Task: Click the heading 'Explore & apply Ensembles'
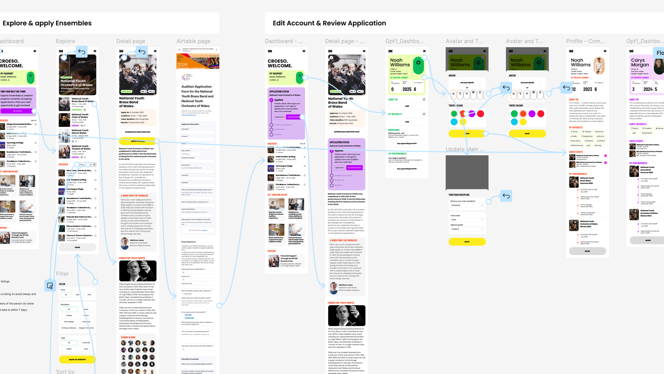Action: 47,23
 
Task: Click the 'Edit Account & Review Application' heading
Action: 329,23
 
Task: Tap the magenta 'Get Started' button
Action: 18,111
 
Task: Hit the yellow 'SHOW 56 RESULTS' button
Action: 77,359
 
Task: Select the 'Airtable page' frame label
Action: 193,41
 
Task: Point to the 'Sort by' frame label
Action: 65,371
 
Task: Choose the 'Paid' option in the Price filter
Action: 77,294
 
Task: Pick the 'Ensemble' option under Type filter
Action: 86,343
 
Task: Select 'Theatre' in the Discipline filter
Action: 69,315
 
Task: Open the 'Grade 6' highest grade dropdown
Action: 467,229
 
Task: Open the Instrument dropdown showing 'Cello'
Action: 467,219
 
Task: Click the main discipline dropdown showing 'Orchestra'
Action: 467,205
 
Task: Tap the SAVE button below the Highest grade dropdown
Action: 467,242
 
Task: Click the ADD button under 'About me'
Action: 407,106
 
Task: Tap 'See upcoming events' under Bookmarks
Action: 407,143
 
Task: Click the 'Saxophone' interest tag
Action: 587,136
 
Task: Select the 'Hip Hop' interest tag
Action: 598,146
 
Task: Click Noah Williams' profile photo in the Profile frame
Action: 599,65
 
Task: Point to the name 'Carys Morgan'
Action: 640,63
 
